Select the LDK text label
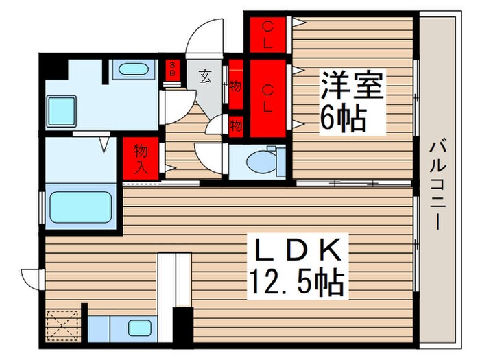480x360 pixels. tap(297, 252)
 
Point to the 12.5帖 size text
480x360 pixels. tap(296, 281)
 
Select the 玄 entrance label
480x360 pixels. tap(205, 76)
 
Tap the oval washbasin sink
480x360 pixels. tap(132, 69)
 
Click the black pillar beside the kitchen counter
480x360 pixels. tap(182, 326)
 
